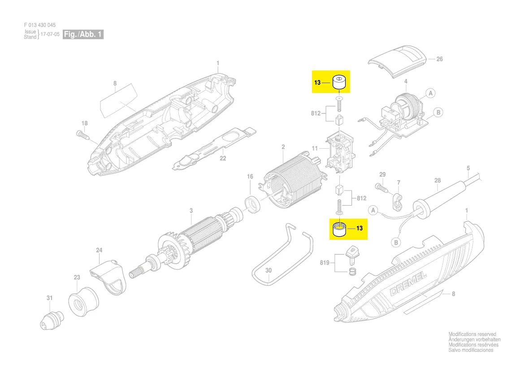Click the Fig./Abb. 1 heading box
(83, 34)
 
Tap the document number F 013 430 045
(40, 25)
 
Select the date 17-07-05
(50, 34)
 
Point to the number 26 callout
(439, 59)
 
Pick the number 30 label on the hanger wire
(268, 270)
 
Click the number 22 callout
(223, 158)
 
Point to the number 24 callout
(100, 250)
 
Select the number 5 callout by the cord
(468, 168)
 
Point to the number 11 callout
(315, 148)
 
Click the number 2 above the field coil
(283, 147)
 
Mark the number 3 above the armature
(191, 211)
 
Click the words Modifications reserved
(472, 334)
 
